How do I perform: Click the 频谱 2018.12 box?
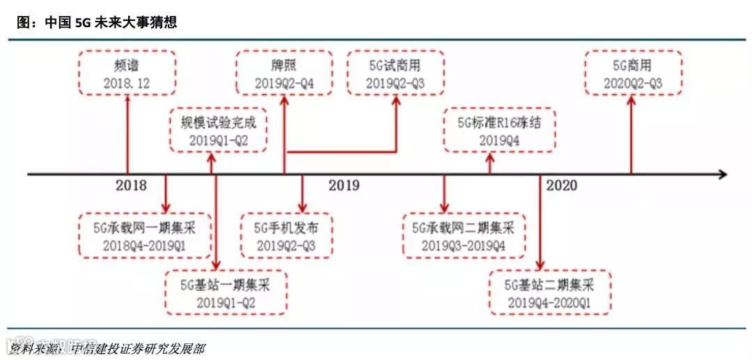[127, 73]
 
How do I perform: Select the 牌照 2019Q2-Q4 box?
[283, 73]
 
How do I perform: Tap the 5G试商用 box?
[395, 73]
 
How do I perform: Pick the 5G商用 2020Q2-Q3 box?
[632, 73]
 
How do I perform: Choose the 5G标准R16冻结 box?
[499, 130]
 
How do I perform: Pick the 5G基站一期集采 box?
[226, 292]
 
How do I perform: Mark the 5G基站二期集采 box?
[549, 292]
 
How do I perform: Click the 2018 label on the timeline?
[131, 185]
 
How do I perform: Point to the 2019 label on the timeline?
[344, 185]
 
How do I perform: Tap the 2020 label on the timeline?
[561, 185]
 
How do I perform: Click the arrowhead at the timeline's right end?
[722, 174]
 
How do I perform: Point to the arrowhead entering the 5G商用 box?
[631, 100]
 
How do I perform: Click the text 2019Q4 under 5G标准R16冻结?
[499, 139]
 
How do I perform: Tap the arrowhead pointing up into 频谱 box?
[127, 100]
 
